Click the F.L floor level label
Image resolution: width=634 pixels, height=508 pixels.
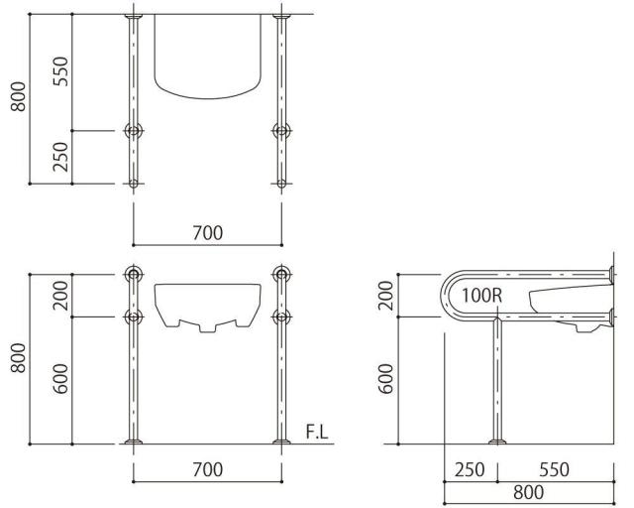click(x=317, y=432)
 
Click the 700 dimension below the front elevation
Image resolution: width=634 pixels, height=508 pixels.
click(x=207, y=469)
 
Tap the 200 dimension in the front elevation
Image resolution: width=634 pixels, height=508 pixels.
click(x=61, y=295)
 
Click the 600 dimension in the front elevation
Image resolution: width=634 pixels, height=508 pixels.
click(x=61, y=379)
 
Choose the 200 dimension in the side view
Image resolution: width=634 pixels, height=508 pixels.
click(x=388, y=295)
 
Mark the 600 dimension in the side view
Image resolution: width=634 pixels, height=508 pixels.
click(x=388, y=379)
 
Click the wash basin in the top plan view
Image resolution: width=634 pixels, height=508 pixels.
click(x=209, y=60)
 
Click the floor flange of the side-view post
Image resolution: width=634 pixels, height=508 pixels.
click(x=497, y=440)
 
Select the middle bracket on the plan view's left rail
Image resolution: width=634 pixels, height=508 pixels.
click(x=133, y=130)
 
